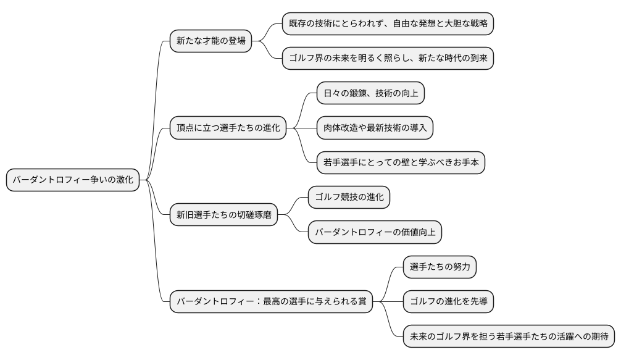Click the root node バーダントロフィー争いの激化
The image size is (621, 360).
[73, 180]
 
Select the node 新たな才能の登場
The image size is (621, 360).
[210, 41]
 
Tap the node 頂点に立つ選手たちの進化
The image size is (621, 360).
[228, 128]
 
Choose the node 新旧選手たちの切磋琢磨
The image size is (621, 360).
[223, 215]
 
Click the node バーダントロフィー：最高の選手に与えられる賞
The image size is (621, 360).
[271, 301]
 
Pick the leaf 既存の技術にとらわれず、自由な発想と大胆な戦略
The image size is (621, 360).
[388, 24]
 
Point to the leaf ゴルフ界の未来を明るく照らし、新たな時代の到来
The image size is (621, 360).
[388, 59]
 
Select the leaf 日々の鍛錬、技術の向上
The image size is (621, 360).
[370, 93]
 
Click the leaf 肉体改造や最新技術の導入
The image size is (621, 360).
[375, 128]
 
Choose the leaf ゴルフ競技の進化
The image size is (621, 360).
[349, 197]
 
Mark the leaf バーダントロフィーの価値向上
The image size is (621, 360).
[375, 232]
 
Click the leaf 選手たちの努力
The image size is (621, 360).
[440, 267]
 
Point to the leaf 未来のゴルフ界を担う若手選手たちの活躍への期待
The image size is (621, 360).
[509, 336]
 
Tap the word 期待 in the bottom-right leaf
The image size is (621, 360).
[599, 336]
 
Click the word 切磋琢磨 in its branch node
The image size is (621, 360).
[254, 215]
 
